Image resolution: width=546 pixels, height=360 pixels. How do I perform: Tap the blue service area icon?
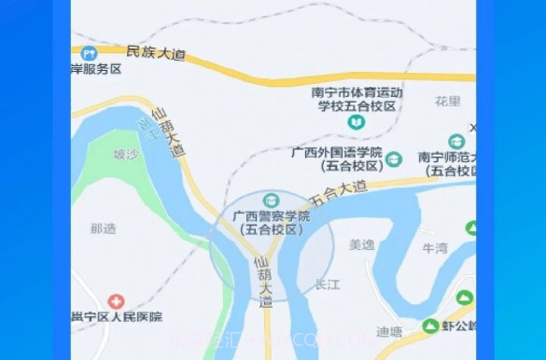(x=89, y=53)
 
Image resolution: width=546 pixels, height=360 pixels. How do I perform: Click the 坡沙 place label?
(x=124, y=155)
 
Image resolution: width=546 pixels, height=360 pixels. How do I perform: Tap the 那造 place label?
(x=103, y=228)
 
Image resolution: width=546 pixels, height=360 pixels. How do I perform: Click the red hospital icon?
(x=116, y=301)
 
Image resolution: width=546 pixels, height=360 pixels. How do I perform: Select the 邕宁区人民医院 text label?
(x=117, y=317)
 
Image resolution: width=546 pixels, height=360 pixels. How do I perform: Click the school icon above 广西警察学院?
(x=271, y=201)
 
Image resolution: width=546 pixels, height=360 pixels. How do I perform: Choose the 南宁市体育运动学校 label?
(x=357, y=100)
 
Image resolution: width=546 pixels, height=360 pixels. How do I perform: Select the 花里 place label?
(x=448, y=101)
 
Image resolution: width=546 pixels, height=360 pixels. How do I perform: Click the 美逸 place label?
(x=361, y=244)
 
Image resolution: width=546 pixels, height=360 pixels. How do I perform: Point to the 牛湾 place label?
(x=435, y=248)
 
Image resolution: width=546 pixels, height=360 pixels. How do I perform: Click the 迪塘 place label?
(x=389, y=331)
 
